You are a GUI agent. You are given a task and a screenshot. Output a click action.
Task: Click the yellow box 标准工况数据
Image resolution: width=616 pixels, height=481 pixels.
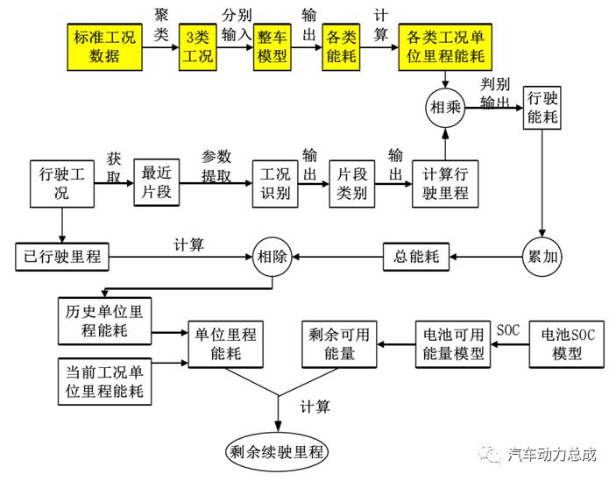[x=105, y=48]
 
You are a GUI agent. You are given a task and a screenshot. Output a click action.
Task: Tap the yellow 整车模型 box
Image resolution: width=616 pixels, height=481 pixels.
[x=273, y=48]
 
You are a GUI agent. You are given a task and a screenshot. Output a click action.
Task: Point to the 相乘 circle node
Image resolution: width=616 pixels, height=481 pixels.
[x=446, y=109]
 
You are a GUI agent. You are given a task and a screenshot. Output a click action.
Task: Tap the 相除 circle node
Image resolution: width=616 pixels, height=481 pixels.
[x=272, y=257]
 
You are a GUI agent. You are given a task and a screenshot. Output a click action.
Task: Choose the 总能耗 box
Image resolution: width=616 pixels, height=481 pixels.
[x=416, y=257]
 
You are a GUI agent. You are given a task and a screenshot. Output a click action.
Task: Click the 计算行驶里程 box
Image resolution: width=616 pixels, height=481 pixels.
[x=446, y=183]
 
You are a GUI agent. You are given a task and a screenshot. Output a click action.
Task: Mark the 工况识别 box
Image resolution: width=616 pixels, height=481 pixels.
[x=272, y=183]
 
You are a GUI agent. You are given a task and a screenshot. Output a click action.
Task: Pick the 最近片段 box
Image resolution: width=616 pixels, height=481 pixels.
[x=157, y=183]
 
